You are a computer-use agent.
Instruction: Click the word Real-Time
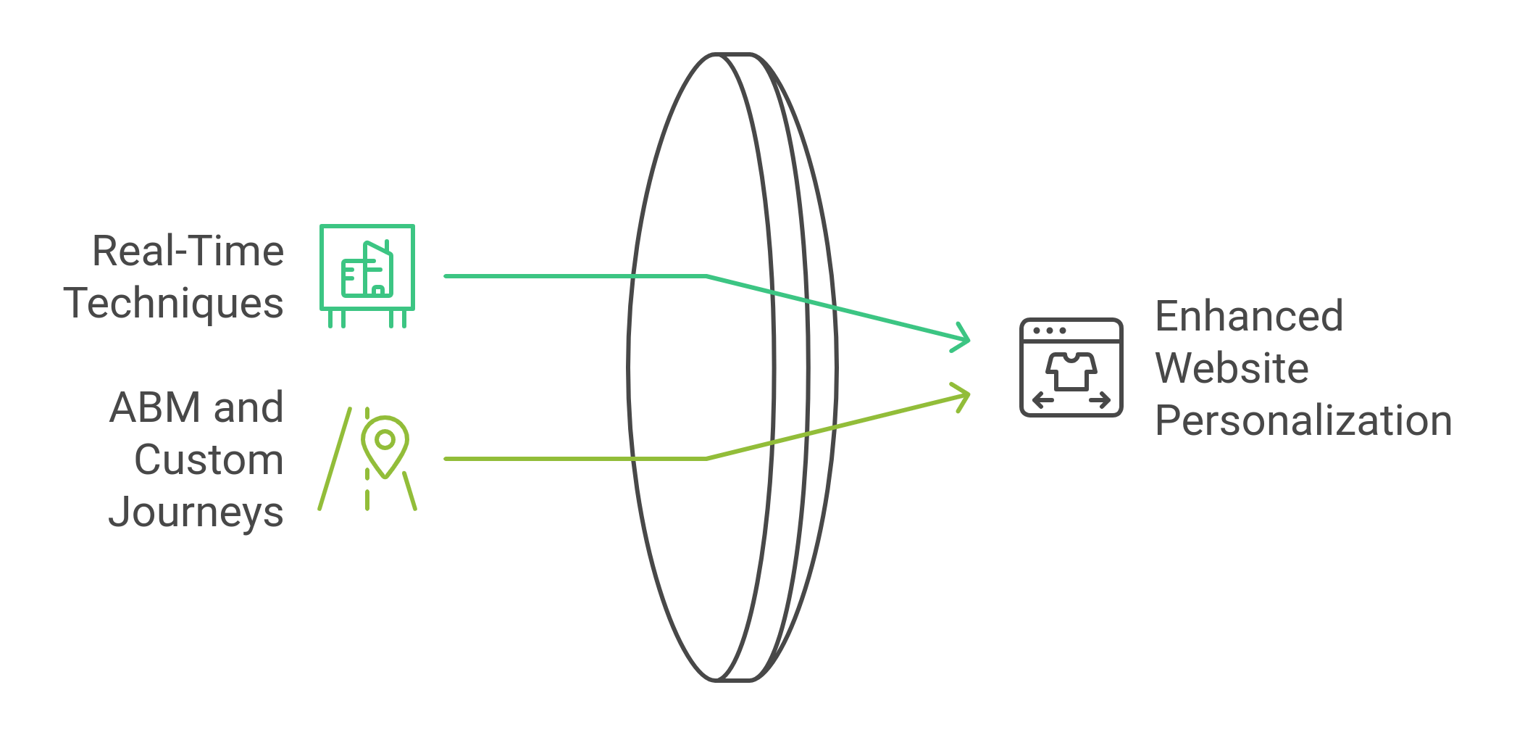(x=188, y=252)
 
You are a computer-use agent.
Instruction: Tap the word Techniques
(x=174, y=303)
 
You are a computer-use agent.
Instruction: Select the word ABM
(x=155, y=407)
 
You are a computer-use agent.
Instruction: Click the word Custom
(x=209, y=460)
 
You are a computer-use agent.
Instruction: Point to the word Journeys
(x=196, y=512)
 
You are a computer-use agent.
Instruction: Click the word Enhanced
(x=1249, y=316)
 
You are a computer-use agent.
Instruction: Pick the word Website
(x=1232, y=368)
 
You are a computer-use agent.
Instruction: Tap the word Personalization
(x=1303, y=420)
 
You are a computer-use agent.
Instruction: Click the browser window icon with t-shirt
(x=1071, y=367)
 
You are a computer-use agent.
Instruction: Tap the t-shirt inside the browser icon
(x=1071, y=371)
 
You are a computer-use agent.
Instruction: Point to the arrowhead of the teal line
(x=964, y=338)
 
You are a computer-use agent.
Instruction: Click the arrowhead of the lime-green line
(x=964, y=396)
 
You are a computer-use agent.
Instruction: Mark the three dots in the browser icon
(x=1050, y=331)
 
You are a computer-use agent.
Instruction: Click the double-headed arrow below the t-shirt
(x=1071, y=400)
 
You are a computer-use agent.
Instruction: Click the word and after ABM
(x=248, y=407)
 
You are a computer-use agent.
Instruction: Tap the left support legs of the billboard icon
(x=337, y=319)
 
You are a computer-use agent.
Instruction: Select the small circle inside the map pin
(x=385, y=439)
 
